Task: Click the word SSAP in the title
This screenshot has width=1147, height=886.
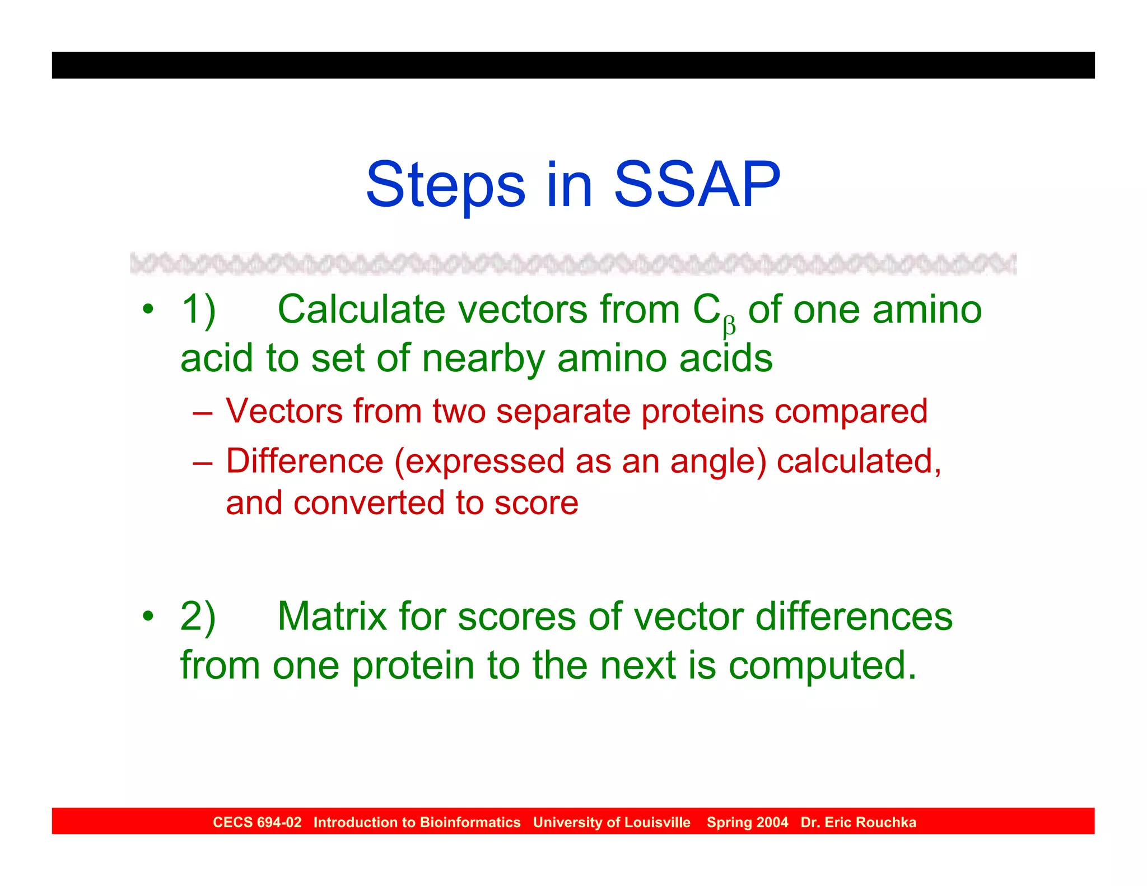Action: (697, 185)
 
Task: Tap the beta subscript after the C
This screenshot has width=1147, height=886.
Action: (729, 327)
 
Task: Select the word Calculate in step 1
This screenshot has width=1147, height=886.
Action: (361, 310)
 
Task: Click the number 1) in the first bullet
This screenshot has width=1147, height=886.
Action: (198, 310)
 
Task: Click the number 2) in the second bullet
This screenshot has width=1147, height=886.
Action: (198, 617)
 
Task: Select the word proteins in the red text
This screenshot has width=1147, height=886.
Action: (702, 411)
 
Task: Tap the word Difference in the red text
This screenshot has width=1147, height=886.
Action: (305, 461)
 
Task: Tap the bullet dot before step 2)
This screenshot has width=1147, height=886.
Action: (147, 616)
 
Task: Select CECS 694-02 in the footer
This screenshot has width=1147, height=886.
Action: (257, 822)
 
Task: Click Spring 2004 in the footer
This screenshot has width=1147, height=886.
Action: (747, 822)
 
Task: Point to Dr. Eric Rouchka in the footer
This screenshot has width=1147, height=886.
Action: (858, 822)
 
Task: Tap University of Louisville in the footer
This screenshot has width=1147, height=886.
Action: (612, 822)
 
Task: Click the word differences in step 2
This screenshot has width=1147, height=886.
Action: (854, 617)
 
